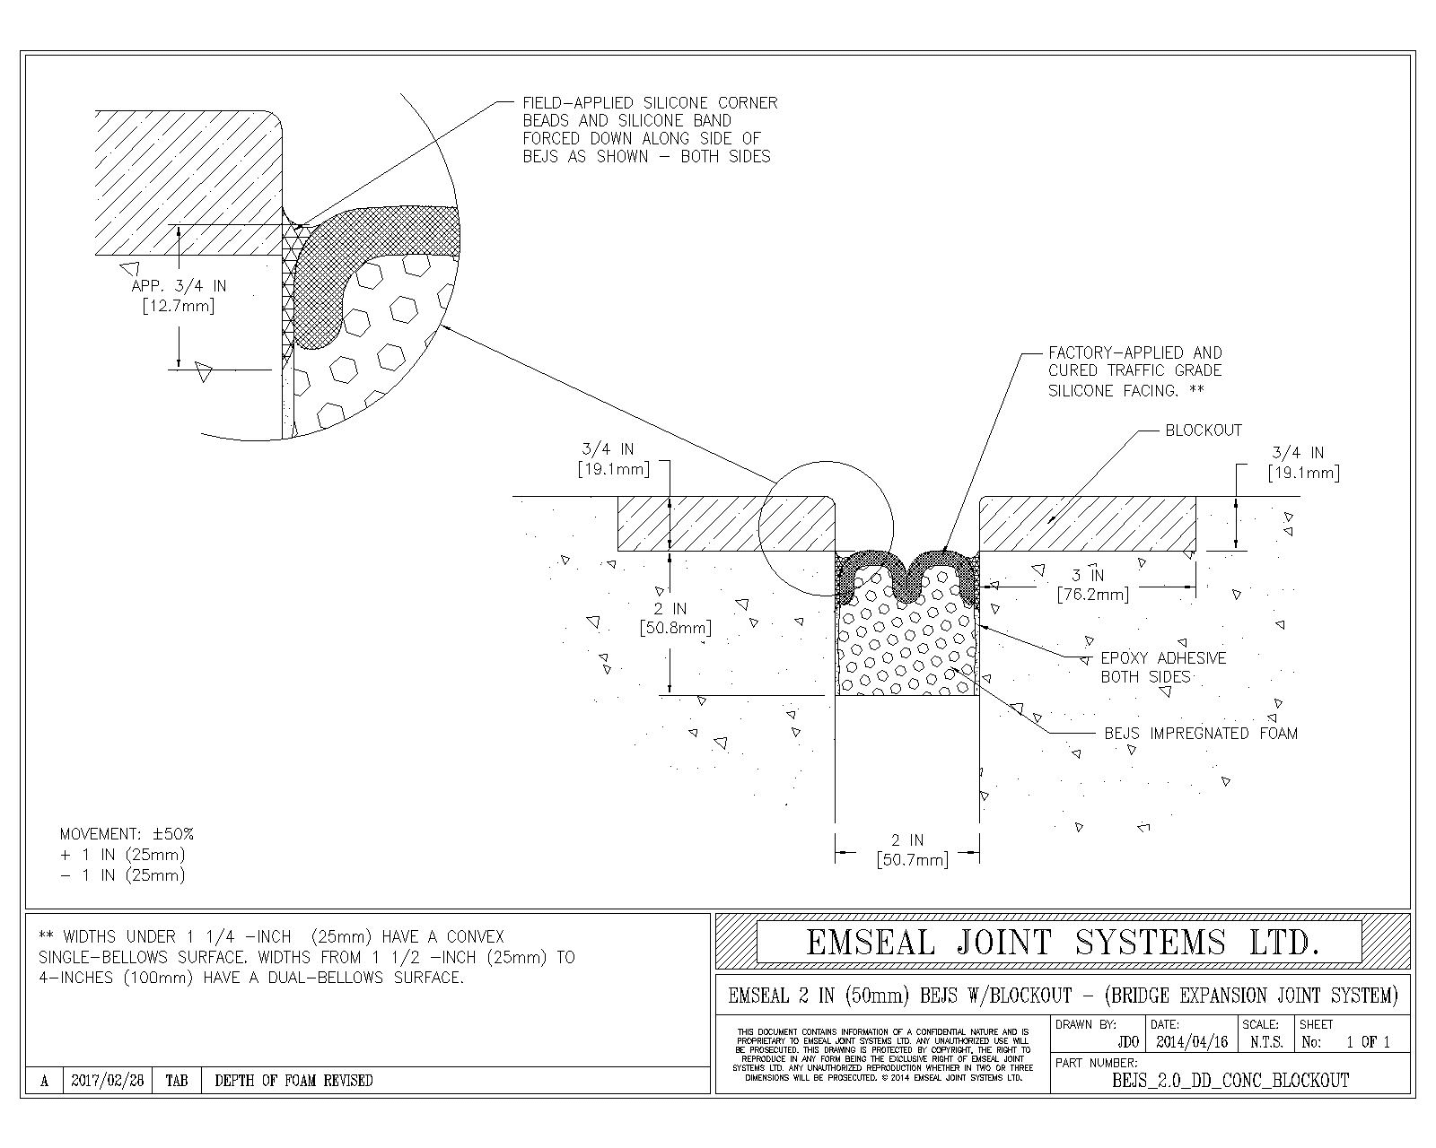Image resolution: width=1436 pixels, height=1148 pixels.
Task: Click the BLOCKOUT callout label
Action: [1203, 430]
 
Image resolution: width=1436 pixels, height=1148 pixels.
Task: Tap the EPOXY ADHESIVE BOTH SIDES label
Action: [1162, 667]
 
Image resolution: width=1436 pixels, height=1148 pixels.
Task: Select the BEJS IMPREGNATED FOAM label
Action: [1200, 734]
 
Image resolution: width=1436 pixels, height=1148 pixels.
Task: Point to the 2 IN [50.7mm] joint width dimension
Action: [906, 850]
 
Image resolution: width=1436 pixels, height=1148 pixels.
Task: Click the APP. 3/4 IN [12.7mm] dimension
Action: [179, 296]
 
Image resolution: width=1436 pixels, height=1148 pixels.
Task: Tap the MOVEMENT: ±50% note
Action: [126, 834]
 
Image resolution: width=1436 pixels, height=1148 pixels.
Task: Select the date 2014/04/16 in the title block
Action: [1191, 1042]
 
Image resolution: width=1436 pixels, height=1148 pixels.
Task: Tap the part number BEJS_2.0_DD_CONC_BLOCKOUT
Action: [1230, 1081]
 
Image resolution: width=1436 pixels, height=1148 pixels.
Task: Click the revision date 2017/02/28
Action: [107, 1081]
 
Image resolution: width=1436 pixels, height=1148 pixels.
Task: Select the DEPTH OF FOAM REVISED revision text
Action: [293, 1081]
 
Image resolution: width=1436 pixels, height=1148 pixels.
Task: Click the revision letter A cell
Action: [44, 1081]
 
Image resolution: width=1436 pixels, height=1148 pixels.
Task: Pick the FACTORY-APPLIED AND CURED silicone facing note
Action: [1134, 371]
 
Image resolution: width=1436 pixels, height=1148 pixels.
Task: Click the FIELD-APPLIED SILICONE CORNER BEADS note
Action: [650, 130]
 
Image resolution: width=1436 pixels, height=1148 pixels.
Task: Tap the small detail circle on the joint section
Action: [826, 529]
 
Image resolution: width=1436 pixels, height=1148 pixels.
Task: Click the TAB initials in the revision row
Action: [176, 1081]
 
